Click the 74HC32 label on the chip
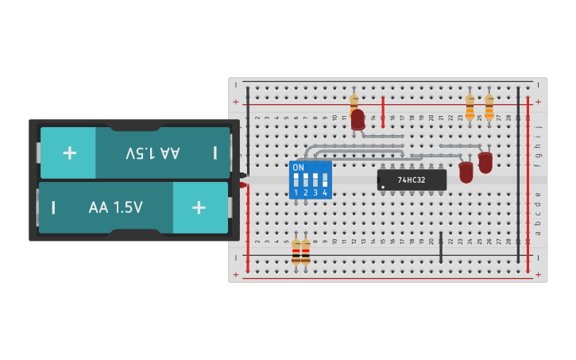pyautogui.click(x=412, y=180)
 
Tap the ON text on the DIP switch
pyautogui.click(x=298, y=168)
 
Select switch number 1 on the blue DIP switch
pyautogui.click(x=296, y=180)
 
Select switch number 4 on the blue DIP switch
pyautogui.click(x=325, y=180)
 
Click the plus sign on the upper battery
pyautogui.click(x=69, y=153)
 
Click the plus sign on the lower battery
pyautogui.click(x=199, y=207)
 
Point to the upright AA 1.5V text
pyautogui.click(x=116, y=208)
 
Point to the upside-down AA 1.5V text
pyautogui.click(x=153, y=153)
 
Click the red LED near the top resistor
pyautogui.click(x=358, y=119)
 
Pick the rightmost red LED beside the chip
pyautogui.click(x=485, y=161)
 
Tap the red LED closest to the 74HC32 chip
pyautogui.click(x=466, y=171)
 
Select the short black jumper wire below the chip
pyautogui.click(x=441, y=248)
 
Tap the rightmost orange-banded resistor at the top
pyautogui.click(x=489, y=106)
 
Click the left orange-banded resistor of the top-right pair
pyautogui.click(x=470, y=106)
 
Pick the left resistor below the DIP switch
pyautogui.click(x=296, y=253)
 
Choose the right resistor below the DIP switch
pyautogui.click(x=306, y=253)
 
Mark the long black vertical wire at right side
pyautogui.click(x=518, y=175)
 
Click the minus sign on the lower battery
pyautogui.click(x=53, y=207)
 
